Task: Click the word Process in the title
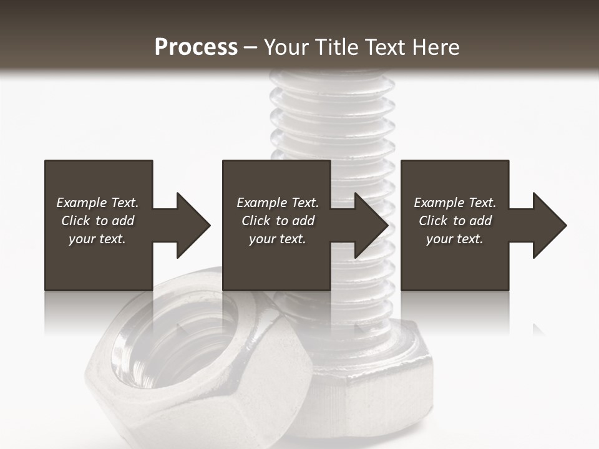(x=196, y=47)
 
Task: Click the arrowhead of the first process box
(x=192, y=225)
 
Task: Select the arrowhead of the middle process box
(x=371, y=225)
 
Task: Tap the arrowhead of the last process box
(x=549, y=225)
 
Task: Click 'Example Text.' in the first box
(x=97, y=203)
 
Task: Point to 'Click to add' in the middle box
(x=278, y=221)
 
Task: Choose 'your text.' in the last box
(x=455, y=239)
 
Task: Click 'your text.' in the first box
(x=97, y=239)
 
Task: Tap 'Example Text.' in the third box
(x=455, y=203)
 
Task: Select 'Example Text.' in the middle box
(x=278, y=203)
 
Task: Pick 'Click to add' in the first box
(x=97, y=221)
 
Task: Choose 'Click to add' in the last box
(x=455, y=221)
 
